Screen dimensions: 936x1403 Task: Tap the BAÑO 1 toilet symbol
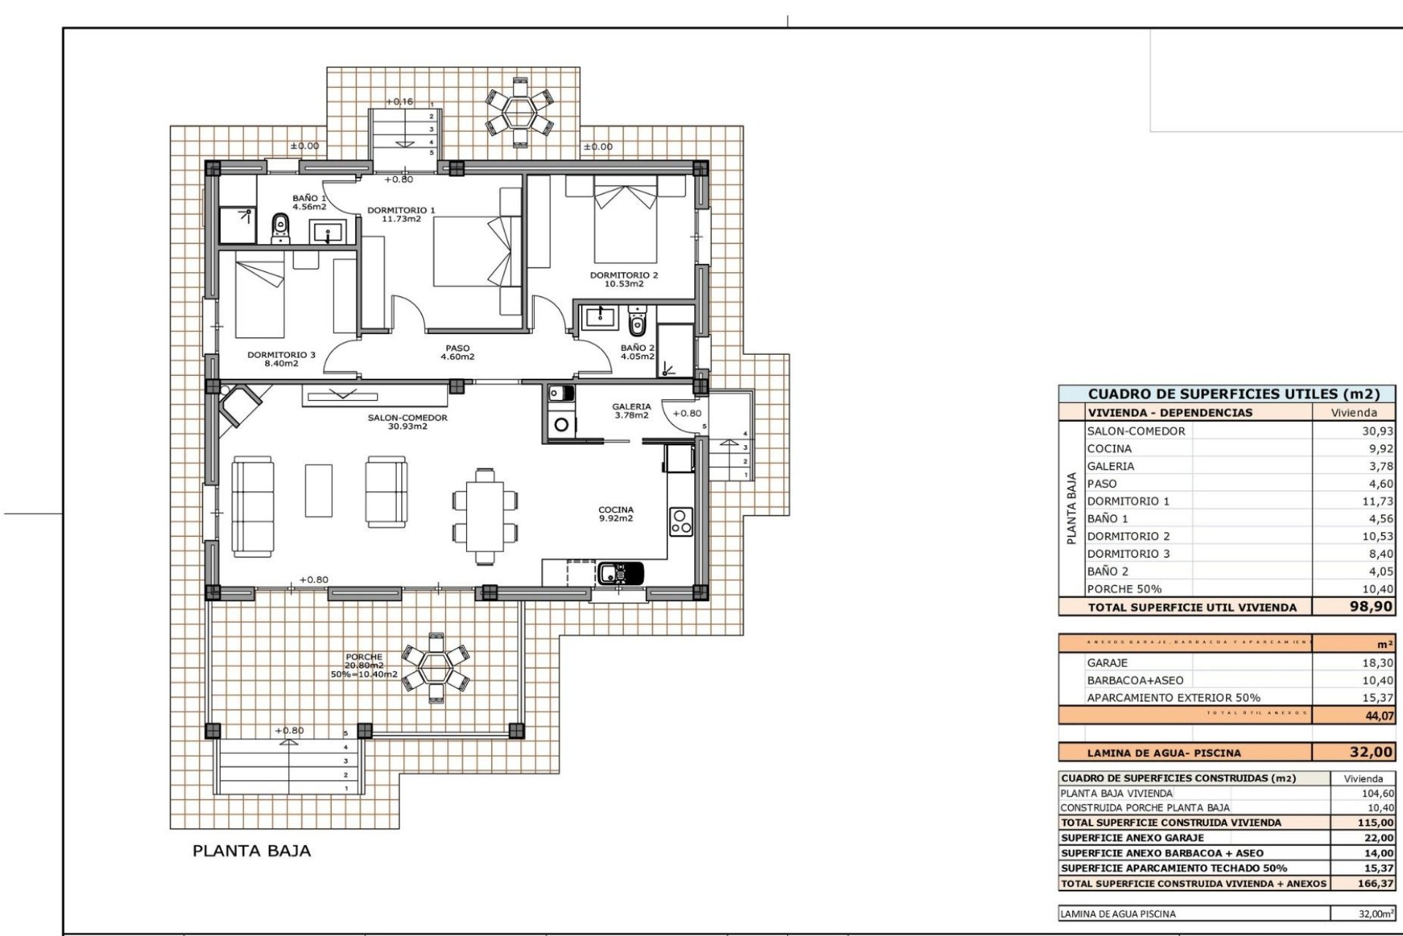tap(280, 227)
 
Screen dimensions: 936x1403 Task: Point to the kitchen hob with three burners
tap(680, 521)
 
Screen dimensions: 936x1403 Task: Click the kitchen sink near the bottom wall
tap(620, 573)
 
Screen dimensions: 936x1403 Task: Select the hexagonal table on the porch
tap(436, 667)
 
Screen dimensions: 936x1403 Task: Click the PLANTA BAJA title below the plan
tap(251, 850)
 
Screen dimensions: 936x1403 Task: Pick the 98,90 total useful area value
tap(1371, 607)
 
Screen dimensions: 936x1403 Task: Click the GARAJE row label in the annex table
tap(1107, 663)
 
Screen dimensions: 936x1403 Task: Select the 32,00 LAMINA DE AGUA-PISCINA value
tap(1371, 752)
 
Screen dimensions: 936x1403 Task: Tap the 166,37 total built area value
tap(1377, 883)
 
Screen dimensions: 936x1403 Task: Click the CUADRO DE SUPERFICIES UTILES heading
tap(1233, 394)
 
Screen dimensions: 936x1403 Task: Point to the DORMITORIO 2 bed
tap(626, 223)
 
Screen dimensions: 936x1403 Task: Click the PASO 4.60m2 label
tap(457, 352)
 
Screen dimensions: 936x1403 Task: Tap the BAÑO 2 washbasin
tap(600, 317)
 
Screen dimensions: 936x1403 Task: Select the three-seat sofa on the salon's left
tap(253, 506)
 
